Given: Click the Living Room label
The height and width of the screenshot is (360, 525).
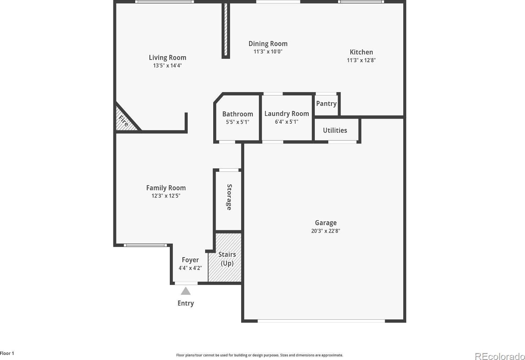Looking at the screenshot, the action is point(167,57).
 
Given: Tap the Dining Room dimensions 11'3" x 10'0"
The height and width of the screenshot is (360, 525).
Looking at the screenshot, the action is point(268,51).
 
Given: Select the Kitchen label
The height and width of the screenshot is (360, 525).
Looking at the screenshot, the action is point(361,52).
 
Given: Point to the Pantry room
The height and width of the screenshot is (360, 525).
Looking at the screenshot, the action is point(326,105).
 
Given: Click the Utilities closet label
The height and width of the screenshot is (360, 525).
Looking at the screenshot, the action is point(335,130).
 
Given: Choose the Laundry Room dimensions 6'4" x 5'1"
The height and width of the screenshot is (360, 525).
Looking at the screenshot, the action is point(287,122).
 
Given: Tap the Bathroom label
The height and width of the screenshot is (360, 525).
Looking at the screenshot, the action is point(238,114).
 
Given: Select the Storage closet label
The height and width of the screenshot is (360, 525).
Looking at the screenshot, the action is point(229,197).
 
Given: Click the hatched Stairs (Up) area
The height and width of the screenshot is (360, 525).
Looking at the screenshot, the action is point(225,257).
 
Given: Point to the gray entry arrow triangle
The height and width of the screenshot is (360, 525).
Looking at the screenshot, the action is point(186,291).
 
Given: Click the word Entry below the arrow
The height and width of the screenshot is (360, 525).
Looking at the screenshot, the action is point(186,303).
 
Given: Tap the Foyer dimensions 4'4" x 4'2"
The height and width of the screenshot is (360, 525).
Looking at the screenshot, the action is point(190,268).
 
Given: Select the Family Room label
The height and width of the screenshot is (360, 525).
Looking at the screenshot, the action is point(166,188).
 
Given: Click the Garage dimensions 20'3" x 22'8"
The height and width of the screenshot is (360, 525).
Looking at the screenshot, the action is point(326,231).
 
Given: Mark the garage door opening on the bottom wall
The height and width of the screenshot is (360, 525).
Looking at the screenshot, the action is point(321,321).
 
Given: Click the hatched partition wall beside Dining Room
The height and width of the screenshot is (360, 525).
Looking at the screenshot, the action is point(226,30).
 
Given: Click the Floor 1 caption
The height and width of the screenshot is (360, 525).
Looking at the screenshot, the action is point(7,353).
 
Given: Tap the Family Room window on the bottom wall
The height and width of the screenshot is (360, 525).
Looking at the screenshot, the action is point(145,245).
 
